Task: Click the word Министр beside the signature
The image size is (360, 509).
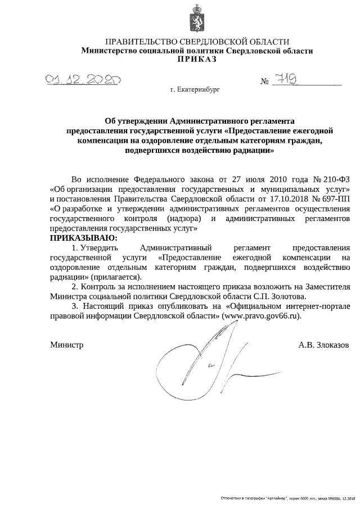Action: (66, 344)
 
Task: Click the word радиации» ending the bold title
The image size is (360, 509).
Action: (253, 151)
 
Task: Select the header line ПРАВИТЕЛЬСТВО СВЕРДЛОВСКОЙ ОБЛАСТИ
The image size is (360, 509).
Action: (197, 42)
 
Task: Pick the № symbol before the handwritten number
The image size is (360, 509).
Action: (265, 82)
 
